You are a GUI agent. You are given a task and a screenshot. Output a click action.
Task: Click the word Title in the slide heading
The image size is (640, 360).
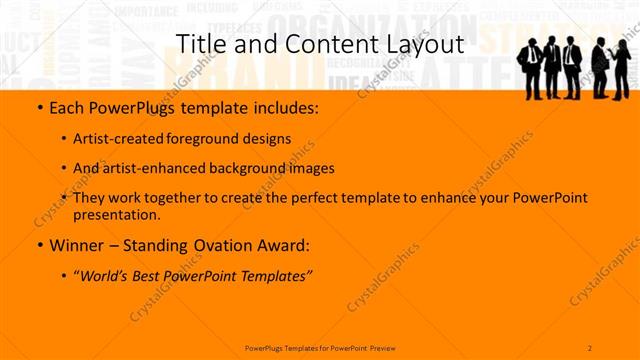click(x=199, y=45)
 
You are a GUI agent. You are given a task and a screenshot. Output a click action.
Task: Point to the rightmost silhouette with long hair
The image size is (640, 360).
click(x=620, y=70)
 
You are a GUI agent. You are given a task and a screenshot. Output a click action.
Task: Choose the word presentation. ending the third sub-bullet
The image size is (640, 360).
click(x=117, y=214)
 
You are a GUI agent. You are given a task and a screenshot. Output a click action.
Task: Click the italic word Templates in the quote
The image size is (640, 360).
click(x=276, y=275)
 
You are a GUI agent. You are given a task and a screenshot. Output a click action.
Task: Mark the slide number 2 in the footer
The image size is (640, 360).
click(x=590, y=347)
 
